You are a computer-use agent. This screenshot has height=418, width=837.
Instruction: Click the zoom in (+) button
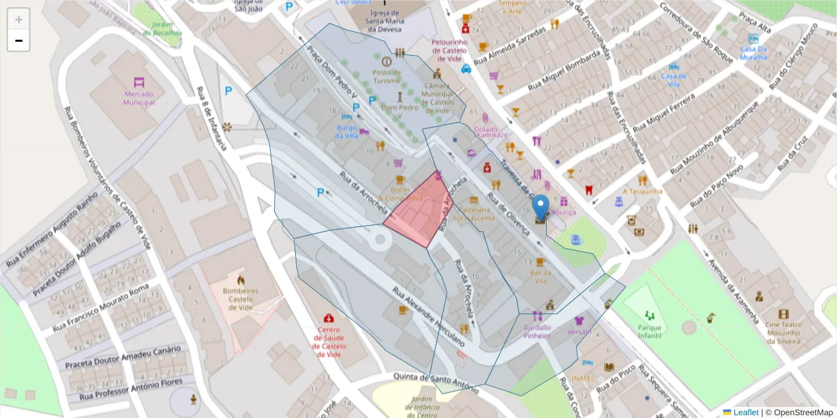click(x=19, y=20)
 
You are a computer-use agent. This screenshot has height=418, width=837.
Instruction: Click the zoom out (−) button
click(x=19, y=40)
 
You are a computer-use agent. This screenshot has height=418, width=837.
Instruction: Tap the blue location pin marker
click(x=541, y=208)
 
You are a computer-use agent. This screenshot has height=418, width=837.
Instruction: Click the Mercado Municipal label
click(x=139, y=98)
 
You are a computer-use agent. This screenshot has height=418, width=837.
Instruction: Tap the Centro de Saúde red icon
click(x=329, y=319)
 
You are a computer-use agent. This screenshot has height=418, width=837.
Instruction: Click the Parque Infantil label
click(x=649, y=331)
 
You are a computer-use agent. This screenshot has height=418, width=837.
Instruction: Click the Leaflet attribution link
click(x=745, y=412)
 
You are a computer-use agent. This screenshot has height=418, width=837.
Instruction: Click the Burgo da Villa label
click(x=347, y=131)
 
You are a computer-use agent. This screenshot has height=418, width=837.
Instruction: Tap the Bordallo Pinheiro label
click(x=536, y=331)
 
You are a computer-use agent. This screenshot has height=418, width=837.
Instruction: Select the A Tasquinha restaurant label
click(x=642, y=191)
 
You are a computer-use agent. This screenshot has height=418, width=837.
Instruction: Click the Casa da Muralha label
click(x=753, y=53)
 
